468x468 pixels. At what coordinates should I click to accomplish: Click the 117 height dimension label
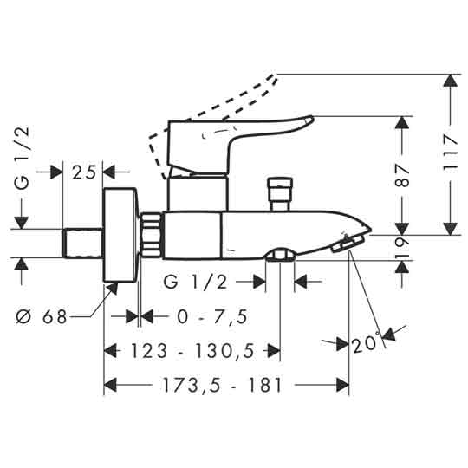[x=449, y=153]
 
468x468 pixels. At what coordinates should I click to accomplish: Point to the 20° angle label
[x=366, y=344]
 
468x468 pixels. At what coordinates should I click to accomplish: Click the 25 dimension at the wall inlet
[x=82, y=172]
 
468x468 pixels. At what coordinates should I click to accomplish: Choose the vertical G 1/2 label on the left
[x=23, y=156]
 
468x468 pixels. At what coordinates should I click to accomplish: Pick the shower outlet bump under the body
[x=280, y=255]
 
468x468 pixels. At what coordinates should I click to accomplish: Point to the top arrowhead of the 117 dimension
[x=449, y=81]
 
